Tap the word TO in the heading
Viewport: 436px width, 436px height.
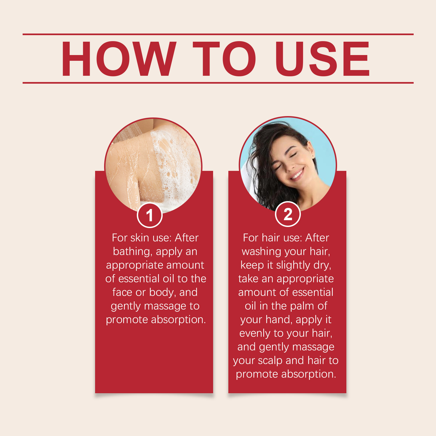click(224, 59)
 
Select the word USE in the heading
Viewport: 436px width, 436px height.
click(322, 59)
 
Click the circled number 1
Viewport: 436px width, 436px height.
click(150, 215)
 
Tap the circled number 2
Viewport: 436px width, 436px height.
click(288, 214)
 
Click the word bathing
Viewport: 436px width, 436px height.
click(132, 252)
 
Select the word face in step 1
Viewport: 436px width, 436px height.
click(122, 292)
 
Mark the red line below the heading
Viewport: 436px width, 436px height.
click(218, 83)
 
